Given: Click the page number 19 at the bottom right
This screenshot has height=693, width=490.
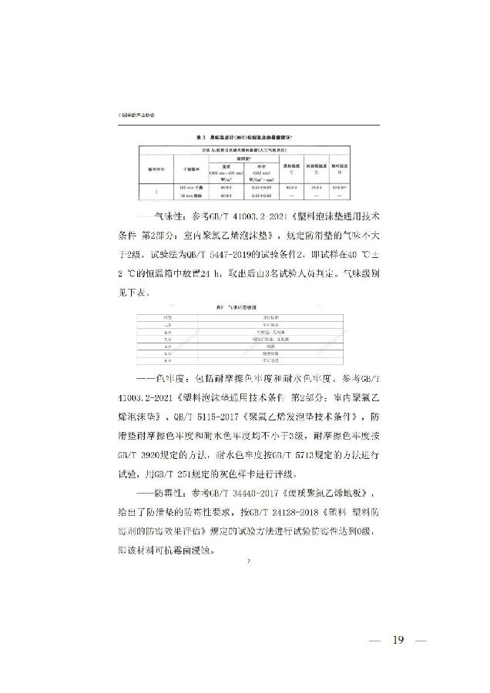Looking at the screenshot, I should tap(398, 641).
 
